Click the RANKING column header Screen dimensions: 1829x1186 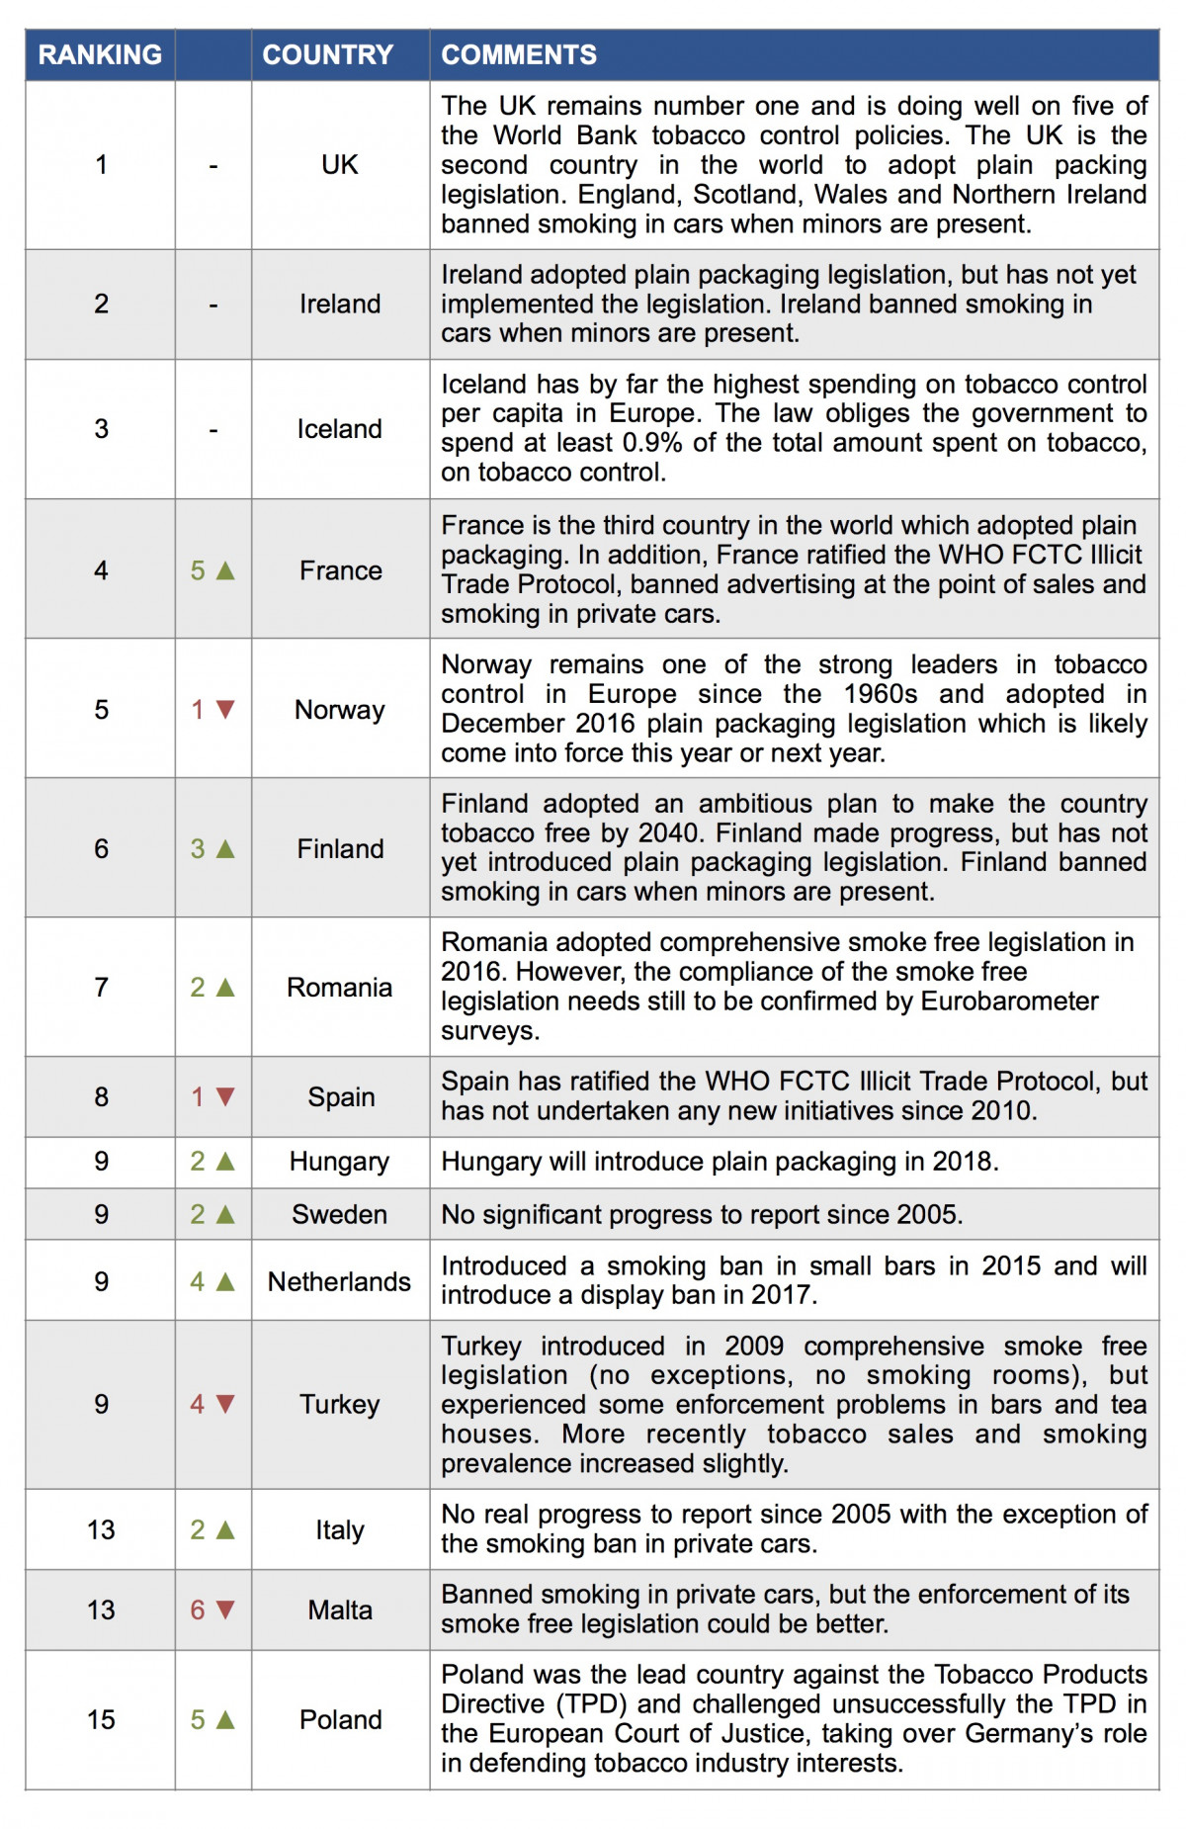pos(100,54)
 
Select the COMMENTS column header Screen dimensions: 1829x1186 pos(519,54)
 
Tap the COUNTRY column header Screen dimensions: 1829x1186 pos(327,54)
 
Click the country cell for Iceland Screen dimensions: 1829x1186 pos(339,429)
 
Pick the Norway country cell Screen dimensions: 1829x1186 pos(339,710)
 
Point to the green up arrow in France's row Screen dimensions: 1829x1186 pos(225,570)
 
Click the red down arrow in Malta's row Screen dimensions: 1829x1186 pos(225,1610)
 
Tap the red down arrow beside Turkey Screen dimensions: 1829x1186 pos(225,1404)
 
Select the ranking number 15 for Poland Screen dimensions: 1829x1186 pos(101,1719)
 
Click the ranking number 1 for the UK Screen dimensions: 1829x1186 pos(101,164)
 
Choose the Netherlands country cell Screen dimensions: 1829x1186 pos(339,1281)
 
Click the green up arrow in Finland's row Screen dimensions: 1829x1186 pos(225,848)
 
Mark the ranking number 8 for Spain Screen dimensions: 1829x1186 pos(101,1096)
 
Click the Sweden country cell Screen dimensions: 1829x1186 pos(339,1214)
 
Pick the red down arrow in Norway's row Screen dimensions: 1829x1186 pos(225,710)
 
